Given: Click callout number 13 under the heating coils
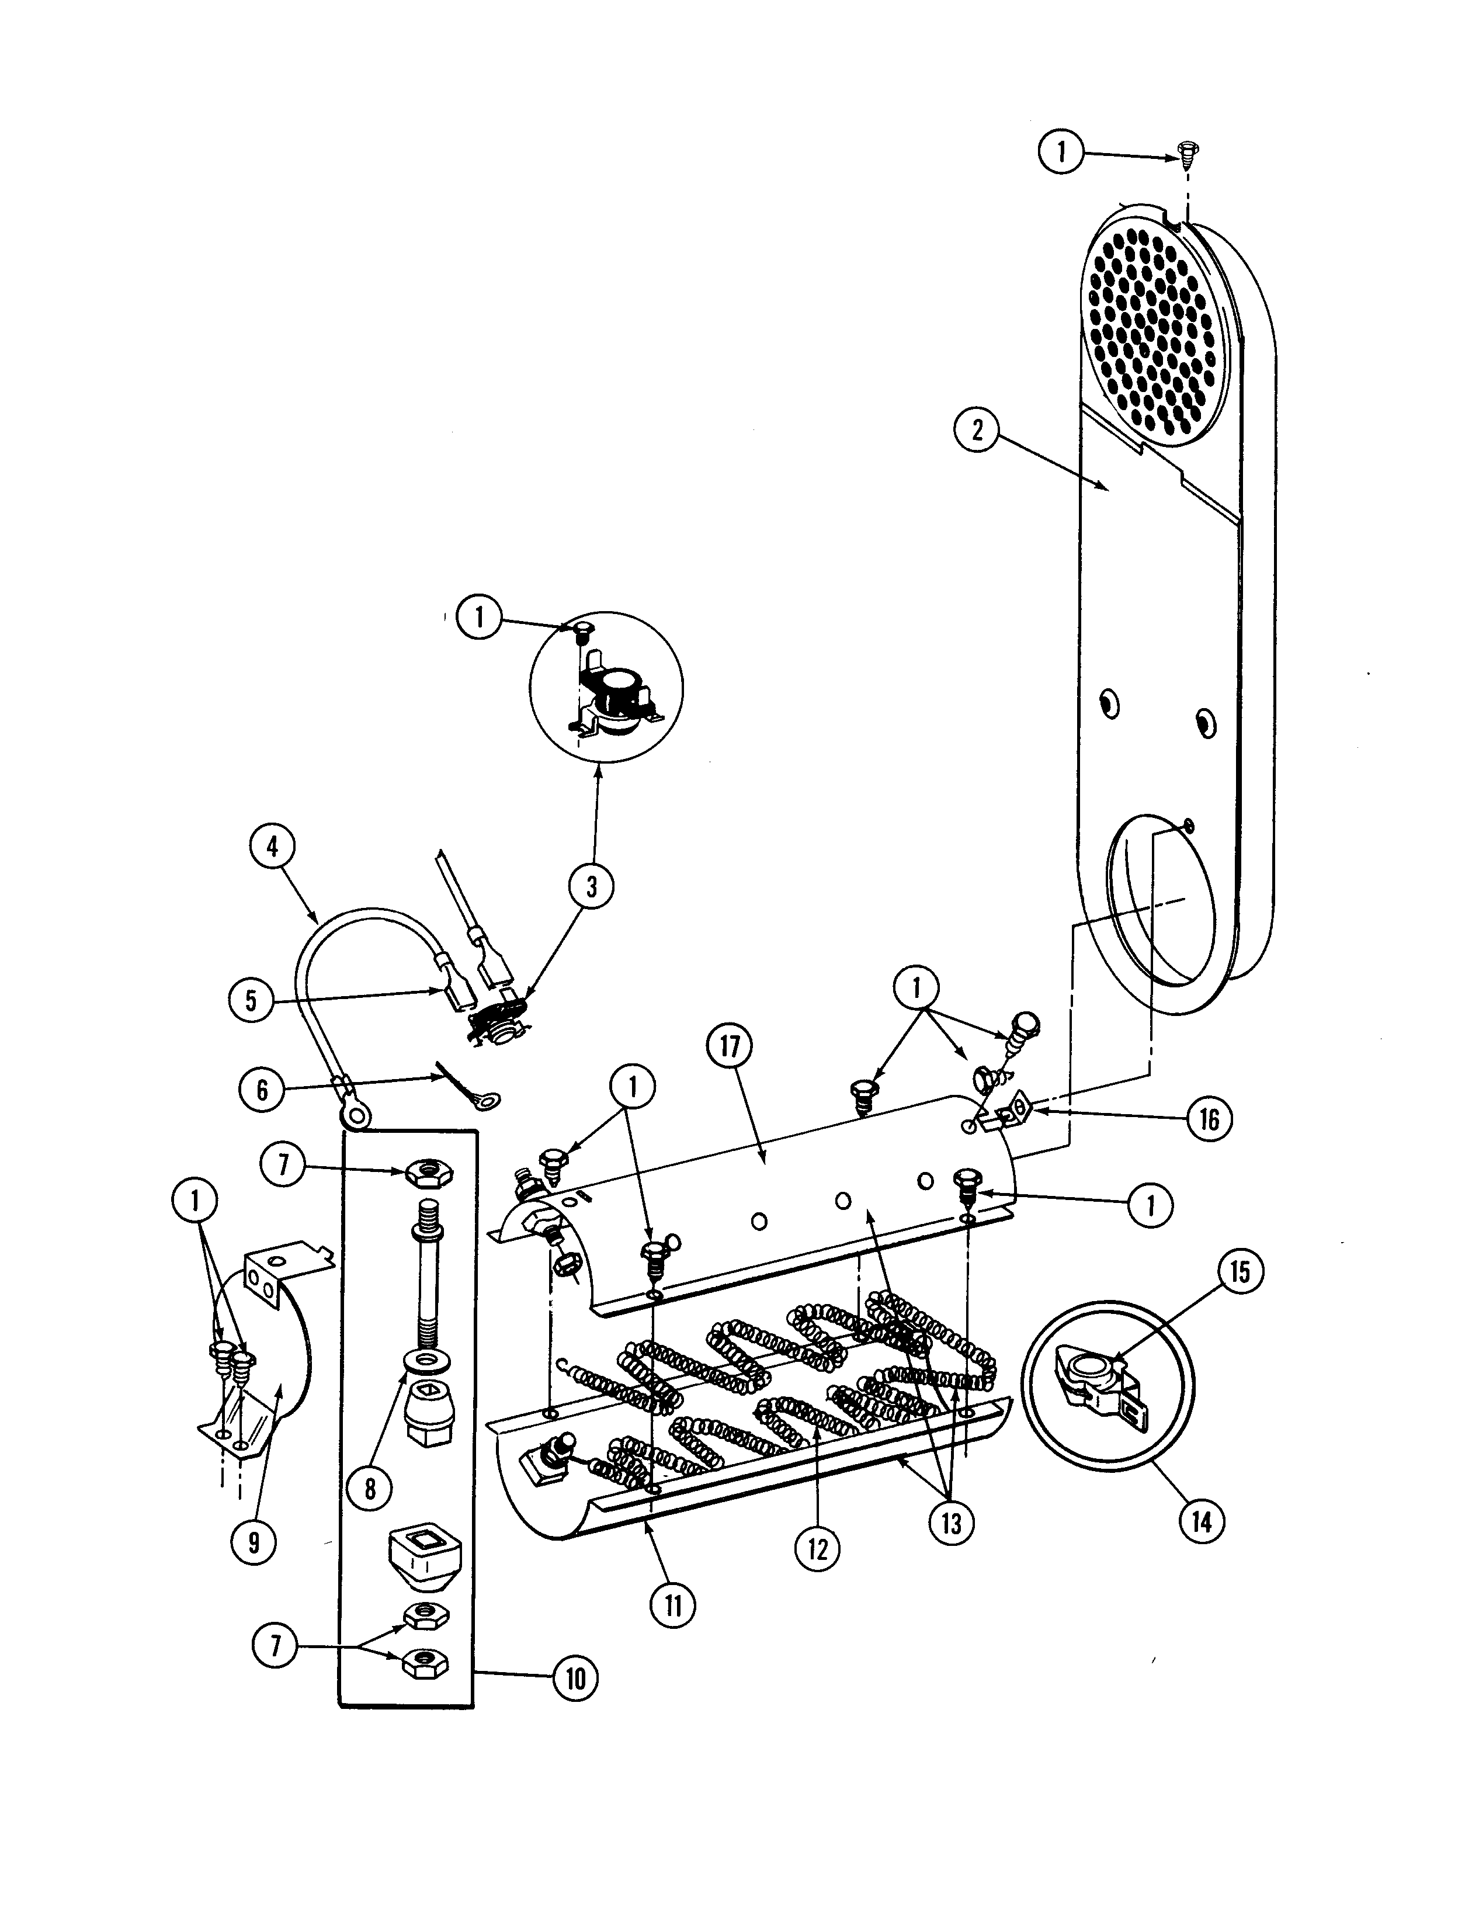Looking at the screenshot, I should tap(951, 1523).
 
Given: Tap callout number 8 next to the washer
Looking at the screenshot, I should tap(370, 1487).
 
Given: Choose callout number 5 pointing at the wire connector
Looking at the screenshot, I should tap(251, 1000).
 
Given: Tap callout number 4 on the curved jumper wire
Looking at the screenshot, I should tap(272, 847).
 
